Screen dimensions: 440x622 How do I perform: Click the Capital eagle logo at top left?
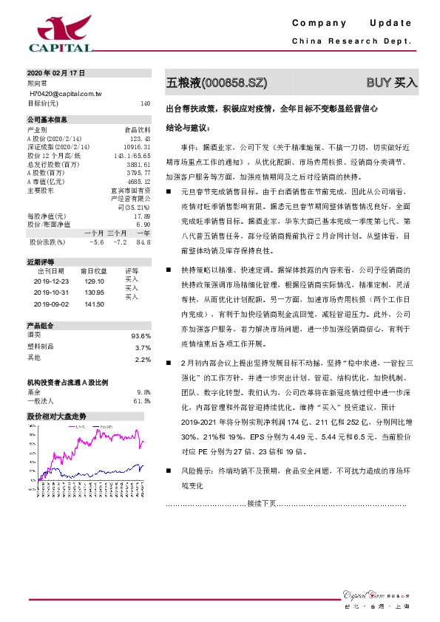click(x=61, y=33)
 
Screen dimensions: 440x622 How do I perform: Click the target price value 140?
click(x=146, y=103)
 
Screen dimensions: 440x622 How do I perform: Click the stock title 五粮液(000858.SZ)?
click(x=216, y=81)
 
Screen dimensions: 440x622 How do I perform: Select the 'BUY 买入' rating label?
click(x=392, y=81)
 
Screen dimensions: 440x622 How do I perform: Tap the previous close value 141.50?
click(x=95, y=304)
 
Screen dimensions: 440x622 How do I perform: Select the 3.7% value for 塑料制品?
click(x=143, y=347)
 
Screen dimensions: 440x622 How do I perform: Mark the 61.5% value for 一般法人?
click(x=142, y=401)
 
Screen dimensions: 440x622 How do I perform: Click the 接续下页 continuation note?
click(x=261, y=503)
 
